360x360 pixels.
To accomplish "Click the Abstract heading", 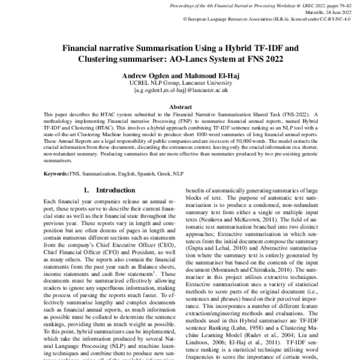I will (180, 105).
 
